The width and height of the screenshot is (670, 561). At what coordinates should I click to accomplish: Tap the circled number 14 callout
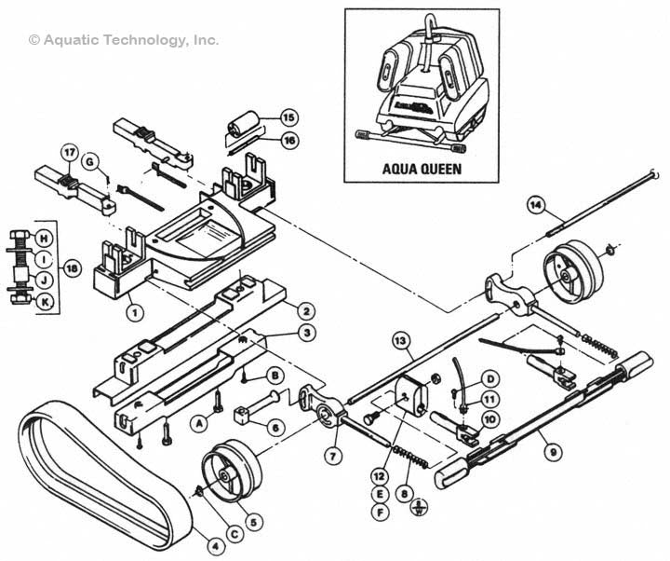click(x=534, y=204)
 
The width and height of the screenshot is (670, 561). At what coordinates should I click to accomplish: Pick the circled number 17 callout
click(x=68, y=152)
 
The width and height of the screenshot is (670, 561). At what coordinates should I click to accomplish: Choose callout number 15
click(x=288, y=117)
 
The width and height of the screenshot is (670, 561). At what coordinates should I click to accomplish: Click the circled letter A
click(x=198, y=421)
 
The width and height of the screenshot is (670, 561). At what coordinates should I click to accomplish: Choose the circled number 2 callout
click(x=303, y=310)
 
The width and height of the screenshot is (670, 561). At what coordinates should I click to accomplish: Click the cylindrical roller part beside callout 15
click(x=244, y=125)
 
